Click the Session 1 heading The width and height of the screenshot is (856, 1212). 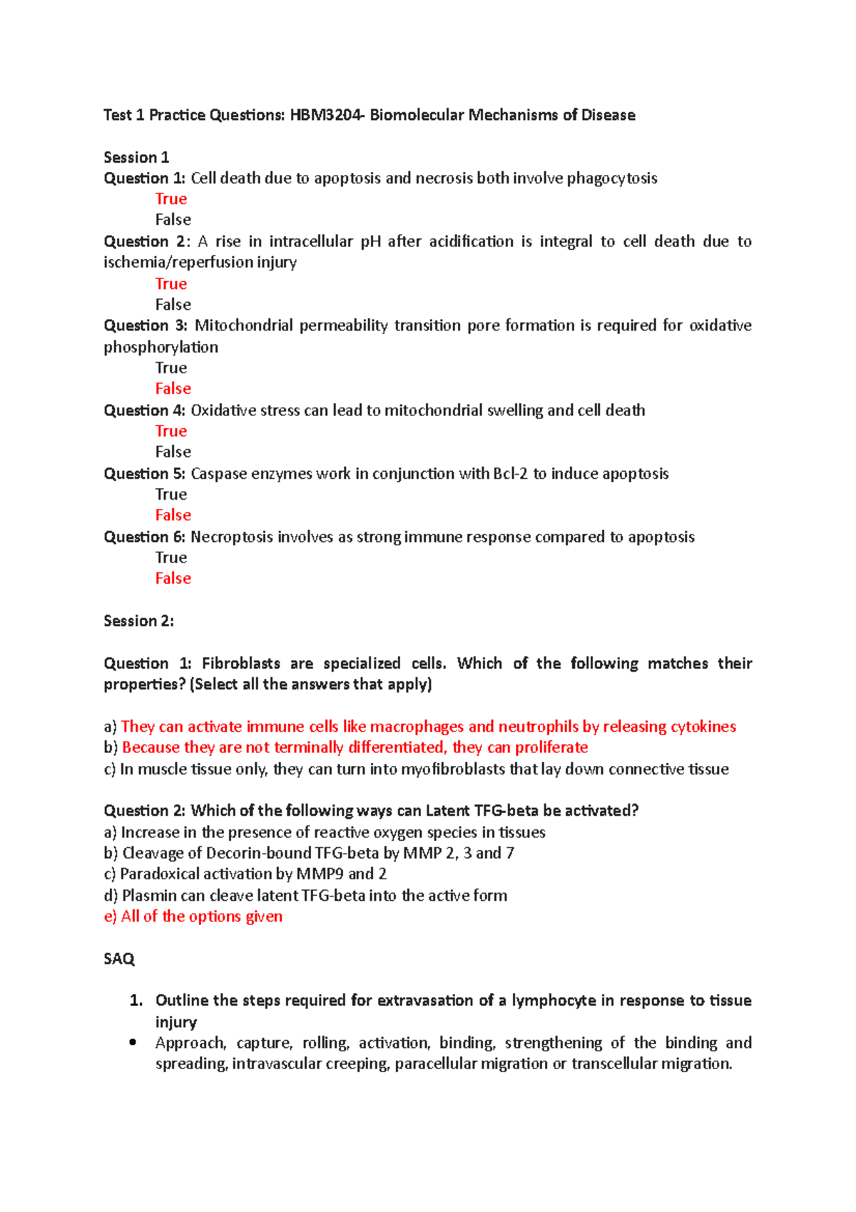click(x=136, y=157)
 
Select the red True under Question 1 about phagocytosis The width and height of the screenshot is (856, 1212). click(x=171, y=199)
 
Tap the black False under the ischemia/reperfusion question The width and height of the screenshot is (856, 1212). click(x=173, y=305)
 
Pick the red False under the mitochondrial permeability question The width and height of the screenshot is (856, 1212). click(x=173, y=389)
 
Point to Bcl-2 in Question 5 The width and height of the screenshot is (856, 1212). click(x=510, y=474)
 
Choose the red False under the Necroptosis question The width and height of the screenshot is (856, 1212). click(x=173, y=579)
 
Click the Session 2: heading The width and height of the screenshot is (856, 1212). click(x=138, y=621)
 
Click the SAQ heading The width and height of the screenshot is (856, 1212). click(x=118, y=959)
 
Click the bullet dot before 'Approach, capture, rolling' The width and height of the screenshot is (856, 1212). click(x=133, y=1042)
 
